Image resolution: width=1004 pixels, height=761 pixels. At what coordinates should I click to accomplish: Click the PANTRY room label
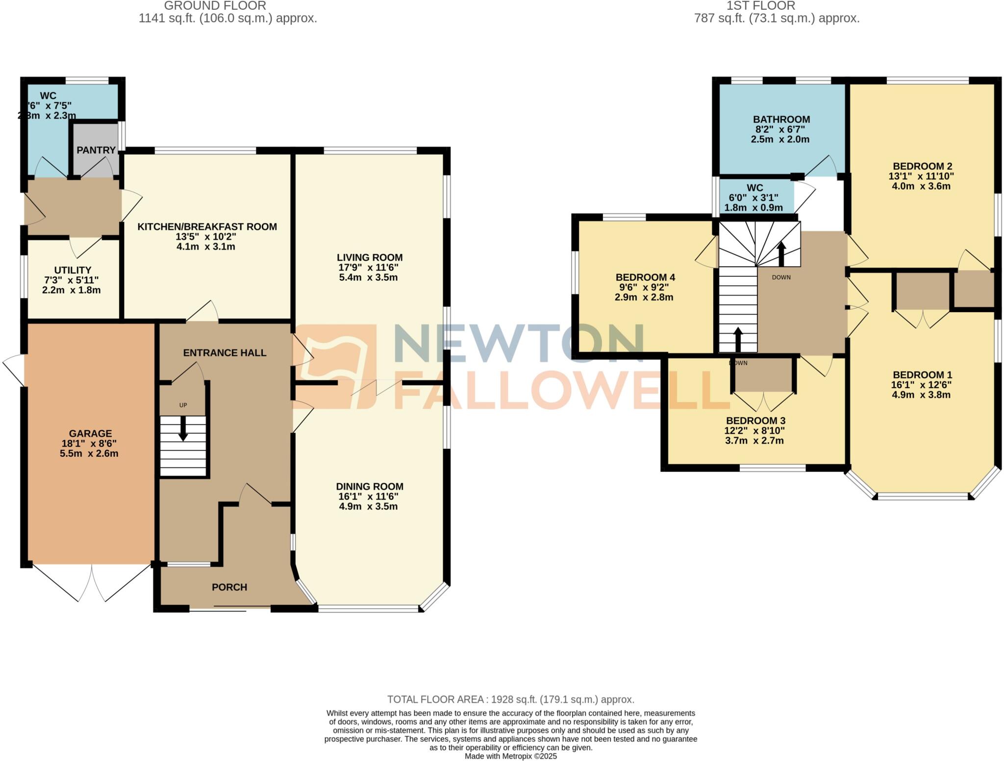(96, 150)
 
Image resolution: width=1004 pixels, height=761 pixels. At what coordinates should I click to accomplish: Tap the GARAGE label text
(90, 433)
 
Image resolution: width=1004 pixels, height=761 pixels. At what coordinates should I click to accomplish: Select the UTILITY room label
(73, 270)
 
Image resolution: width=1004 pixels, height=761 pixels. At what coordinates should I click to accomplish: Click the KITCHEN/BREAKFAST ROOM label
(207, 226)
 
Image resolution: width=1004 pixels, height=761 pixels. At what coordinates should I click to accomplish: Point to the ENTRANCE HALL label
(225, 352)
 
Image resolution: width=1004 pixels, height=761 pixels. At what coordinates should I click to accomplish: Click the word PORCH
(229, 587)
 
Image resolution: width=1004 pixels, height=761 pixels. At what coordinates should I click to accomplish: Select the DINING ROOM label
(370, 486)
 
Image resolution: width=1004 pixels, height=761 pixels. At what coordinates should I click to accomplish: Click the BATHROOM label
(781, 119)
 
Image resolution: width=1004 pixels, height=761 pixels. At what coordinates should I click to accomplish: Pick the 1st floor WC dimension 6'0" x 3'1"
(753, 197)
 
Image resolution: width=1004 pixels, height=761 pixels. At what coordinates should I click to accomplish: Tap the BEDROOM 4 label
(645, 277)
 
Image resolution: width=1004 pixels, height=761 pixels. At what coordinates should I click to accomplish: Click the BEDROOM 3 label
(755, 420)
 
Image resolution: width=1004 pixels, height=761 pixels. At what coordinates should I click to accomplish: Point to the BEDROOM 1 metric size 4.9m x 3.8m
(921, 395)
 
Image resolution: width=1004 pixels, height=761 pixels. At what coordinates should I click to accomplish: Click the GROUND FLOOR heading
(215, 6)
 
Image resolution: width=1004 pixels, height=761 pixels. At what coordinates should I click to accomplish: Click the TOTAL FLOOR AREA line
(510, 699)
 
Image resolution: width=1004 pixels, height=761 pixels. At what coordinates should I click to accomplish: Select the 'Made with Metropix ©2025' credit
(510, 756)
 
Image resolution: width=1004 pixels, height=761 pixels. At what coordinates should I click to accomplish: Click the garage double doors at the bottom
(92, 583)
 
